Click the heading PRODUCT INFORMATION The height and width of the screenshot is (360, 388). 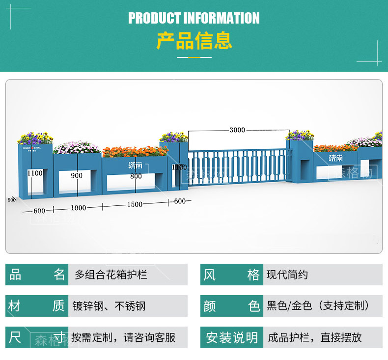click(x=194, y=18)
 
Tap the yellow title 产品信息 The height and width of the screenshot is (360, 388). click(x=194, y=41)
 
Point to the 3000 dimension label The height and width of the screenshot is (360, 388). click(x=237, y=130)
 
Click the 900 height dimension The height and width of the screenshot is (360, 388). click(x=76, y=176)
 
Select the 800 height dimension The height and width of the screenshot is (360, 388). click(x=136, y=176)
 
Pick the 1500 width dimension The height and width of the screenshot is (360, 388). click(x=135, y=204)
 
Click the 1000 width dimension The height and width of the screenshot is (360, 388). click(x=78, y=208)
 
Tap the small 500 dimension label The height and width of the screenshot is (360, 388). click(x=12, y=200)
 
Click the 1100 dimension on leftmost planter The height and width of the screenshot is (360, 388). click(x=35, y=173)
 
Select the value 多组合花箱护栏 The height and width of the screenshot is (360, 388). click(x=111, y=275)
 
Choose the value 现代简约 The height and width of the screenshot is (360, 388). click(x=287, y=275)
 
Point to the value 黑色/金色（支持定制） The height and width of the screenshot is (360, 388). click(x=318, y=306)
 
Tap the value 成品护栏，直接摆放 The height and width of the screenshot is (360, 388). click(x=315, y=337)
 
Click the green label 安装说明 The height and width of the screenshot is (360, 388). click(x=232, y=337)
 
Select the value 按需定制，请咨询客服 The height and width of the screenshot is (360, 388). click(x=123, y=337)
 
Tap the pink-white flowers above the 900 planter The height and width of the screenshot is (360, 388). click(x=77, y=147)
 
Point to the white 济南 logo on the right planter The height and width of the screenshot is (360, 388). click(x=336, y=158)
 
